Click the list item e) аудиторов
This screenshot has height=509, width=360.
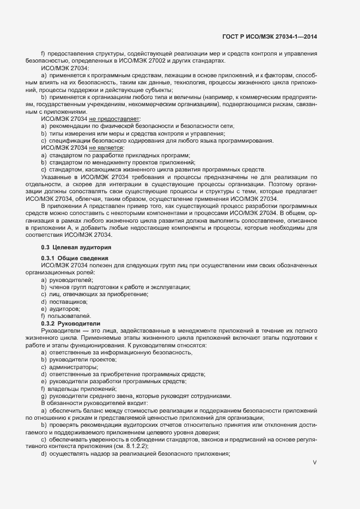click(x=61, y=309)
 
